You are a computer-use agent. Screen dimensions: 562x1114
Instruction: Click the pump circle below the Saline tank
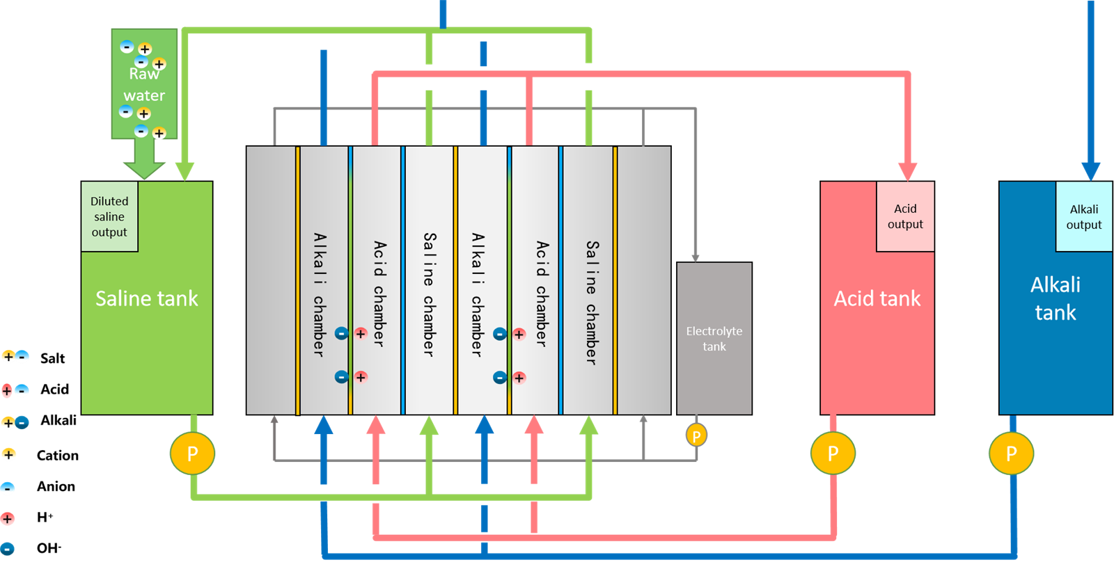192,453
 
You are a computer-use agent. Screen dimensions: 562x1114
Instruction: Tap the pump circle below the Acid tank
833,453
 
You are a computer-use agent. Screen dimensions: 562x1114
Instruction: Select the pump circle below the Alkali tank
1011,453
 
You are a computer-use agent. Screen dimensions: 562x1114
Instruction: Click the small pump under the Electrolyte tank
696,436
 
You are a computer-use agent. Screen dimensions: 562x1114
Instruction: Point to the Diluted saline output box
109,216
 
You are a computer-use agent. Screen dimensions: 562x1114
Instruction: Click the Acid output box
905,216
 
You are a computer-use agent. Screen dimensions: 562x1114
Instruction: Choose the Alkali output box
1084,216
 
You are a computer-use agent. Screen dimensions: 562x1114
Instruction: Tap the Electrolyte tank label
714,339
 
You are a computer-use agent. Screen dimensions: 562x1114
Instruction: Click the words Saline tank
147,298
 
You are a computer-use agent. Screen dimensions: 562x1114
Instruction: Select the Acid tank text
877,298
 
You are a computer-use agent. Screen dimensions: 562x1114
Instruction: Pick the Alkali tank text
1056,298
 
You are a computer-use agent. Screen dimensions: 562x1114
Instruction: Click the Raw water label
144,84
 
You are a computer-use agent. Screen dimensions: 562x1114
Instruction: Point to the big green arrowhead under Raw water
144,169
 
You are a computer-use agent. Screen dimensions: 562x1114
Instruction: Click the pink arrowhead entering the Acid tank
907,171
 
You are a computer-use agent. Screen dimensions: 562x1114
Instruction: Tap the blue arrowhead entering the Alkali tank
1090,171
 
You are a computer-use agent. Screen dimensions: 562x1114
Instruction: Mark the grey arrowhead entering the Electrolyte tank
695,257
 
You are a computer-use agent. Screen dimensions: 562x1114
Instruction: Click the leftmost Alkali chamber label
319,294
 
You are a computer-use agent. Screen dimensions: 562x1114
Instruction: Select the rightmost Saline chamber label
591,302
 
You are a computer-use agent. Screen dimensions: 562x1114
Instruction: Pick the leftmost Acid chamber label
379,294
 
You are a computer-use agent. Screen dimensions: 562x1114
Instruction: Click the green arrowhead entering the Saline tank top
185,171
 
